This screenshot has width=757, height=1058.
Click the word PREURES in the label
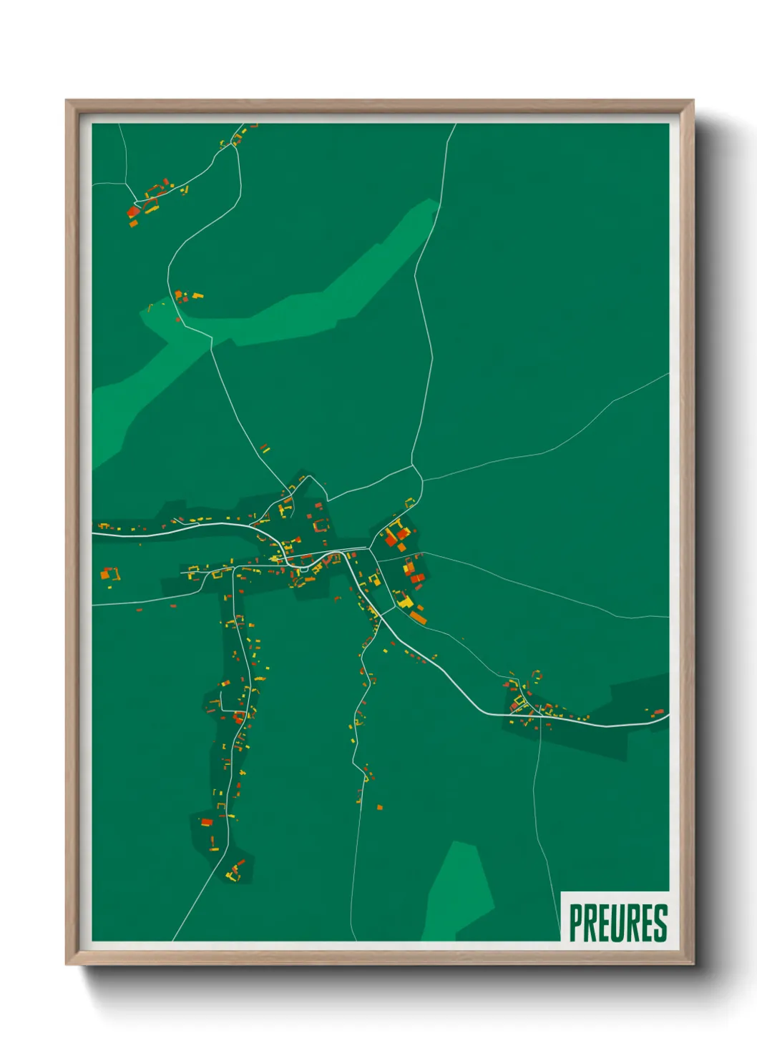(618, 923)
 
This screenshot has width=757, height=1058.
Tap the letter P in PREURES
(575, 923)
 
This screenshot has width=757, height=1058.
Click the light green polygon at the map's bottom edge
(458, 894)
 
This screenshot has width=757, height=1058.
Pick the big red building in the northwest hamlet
(134, 211)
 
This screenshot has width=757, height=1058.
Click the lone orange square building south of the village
(380, 808)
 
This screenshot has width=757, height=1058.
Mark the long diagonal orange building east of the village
(417, 616)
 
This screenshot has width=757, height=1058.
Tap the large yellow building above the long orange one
(405, 602)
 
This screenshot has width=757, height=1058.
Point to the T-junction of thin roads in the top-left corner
(127, 183)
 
